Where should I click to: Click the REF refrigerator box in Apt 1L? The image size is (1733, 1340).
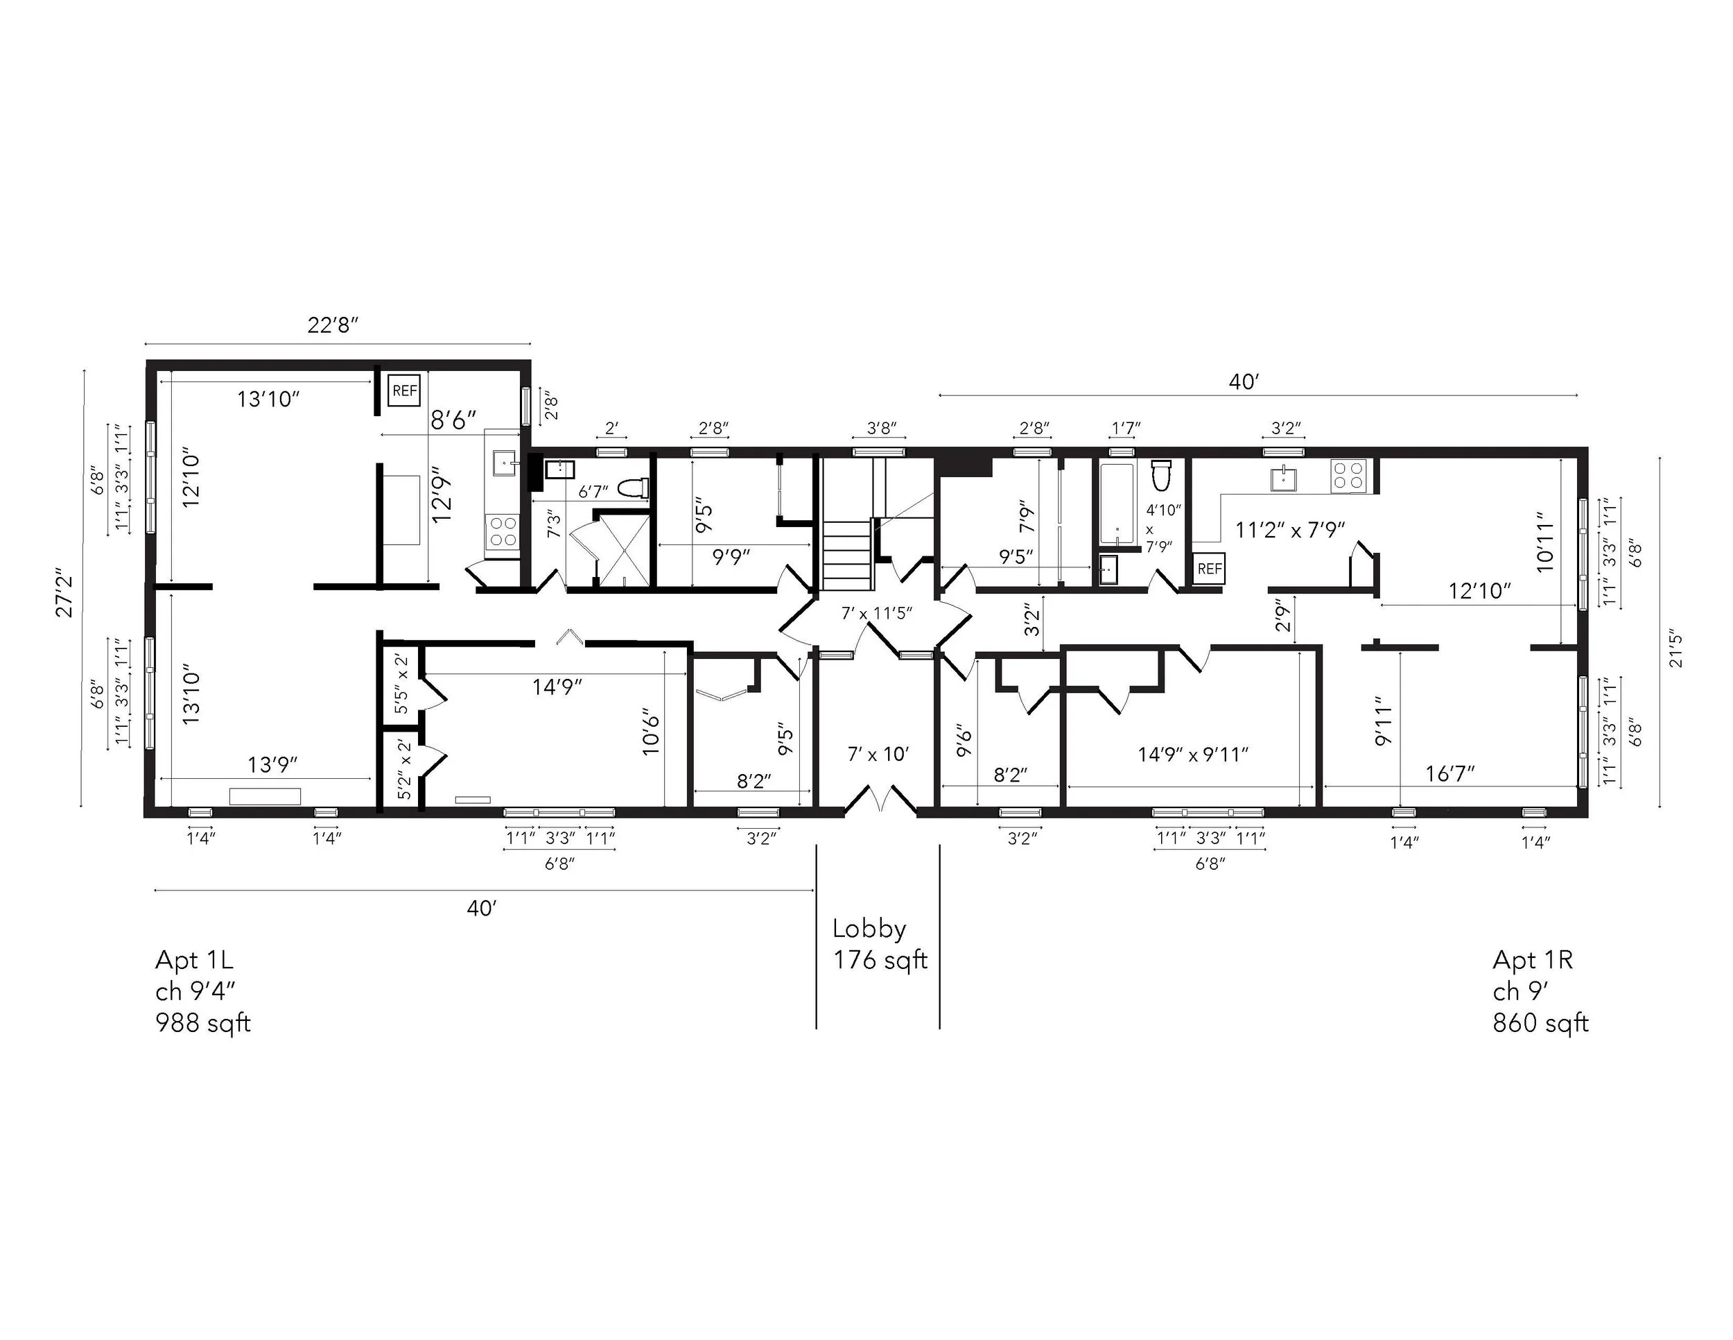pyautogui.click(x=404, y=390)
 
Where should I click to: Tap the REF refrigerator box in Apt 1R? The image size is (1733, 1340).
pyautogui.click(x=1210, y=568)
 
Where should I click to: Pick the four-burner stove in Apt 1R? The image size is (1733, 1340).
pyautogui.click(x=1349, y=477)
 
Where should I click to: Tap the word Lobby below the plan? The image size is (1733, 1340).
pyautogui.click(x=869, y=929)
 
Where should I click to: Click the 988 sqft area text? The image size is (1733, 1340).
pyautogui.click(x=203, y=1023)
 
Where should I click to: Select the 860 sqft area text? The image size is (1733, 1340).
pyautogui.click(x=1540, y=1023)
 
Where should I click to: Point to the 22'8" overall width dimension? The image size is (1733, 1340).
pyautogui.click(x=333, y=325)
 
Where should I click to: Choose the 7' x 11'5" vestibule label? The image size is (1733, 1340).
pyautogui.click(x=877, y=613)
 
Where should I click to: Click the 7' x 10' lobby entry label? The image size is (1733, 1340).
pyautogui.click(x=878, y=754)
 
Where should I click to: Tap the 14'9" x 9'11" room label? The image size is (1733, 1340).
pyautogui.click(x=1192, y=754)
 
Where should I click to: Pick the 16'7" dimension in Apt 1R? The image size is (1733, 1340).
pyautogui.click(x=1449, y=774)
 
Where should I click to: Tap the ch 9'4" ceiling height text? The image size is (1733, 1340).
pyautogui.click(x=195, y=992)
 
